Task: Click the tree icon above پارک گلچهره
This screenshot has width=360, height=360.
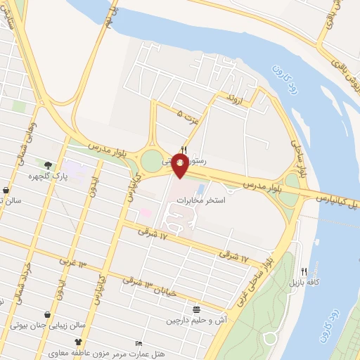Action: coord(48,165)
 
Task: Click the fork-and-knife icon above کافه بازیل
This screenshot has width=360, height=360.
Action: coord(304,271)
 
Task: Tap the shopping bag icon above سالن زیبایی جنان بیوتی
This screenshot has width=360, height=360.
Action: coord(46,315)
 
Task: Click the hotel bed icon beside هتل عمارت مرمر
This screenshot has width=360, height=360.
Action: coord(138,343)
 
